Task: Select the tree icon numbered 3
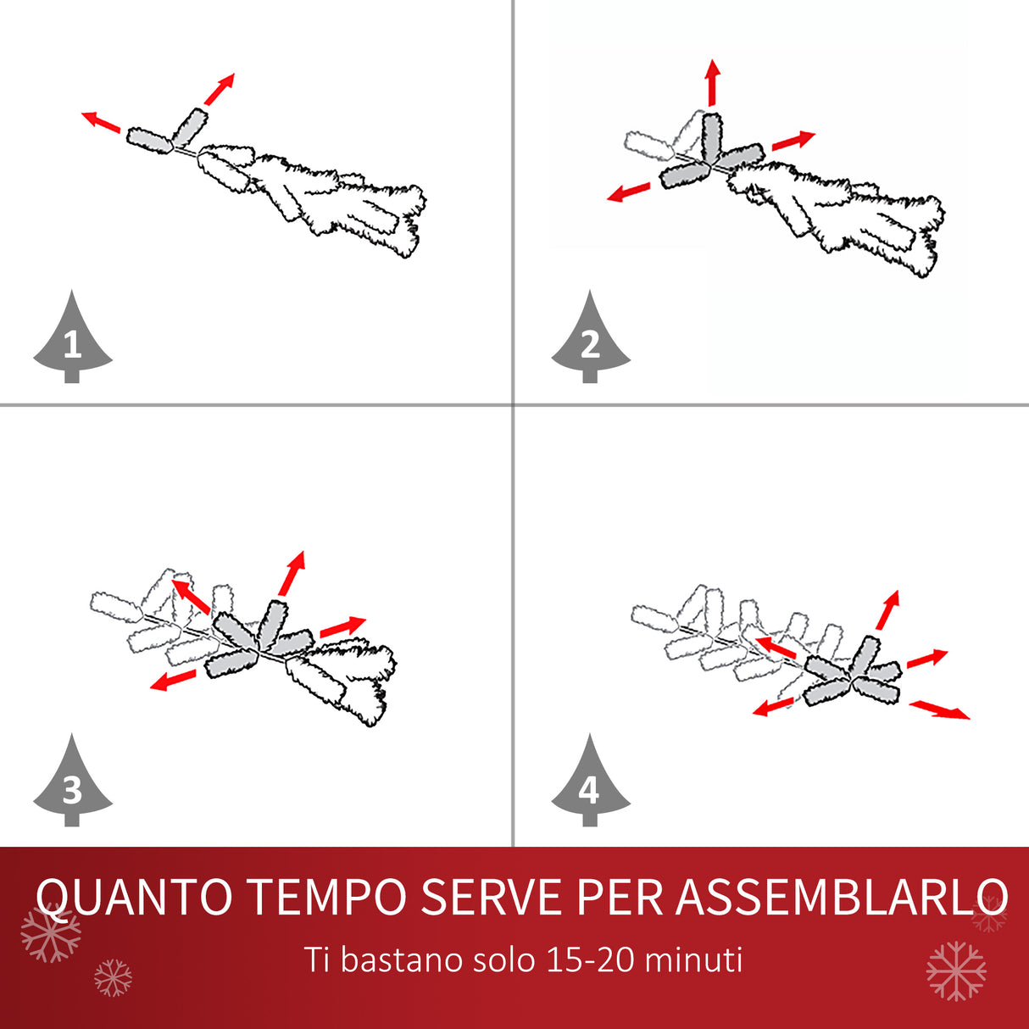[x=72, y=785]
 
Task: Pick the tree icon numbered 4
[x=591, y=785]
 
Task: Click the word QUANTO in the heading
[x=134, y=897]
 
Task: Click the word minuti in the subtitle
[x=693, y=960]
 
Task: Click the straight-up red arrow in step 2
[x=713, y=82]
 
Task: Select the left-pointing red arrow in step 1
[x=101, y=122]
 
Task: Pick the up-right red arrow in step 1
[x=220, y=89]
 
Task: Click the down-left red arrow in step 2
[x=630, y=192]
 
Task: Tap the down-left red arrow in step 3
[x=173, y=680]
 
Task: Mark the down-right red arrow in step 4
[x=939, y=709]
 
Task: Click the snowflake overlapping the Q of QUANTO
[x=51, y=932]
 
